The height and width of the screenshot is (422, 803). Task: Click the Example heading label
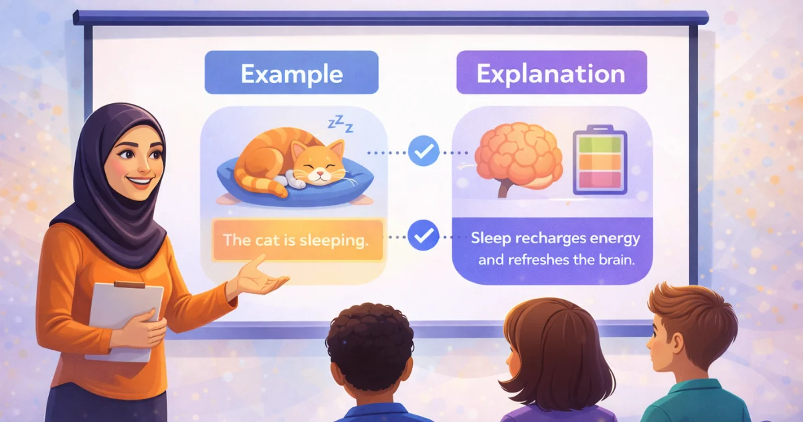(292, 72)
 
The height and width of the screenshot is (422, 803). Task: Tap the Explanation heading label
(551, 72)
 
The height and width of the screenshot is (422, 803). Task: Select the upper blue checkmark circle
(424, 151)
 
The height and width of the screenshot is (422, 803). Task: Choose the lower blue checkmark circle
(424, 235)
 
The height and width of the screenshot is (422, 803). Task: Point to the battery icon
(600, 159)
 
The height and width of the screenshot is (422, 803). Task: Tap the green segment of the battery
(600, 145)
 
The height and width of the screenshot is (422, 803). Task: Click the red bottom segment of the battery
(600, 180)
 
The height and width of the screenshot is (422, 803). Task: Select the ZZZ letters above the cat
(341, 124)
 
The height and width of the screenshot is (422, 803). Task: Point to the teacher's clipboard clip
(129, 285)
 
